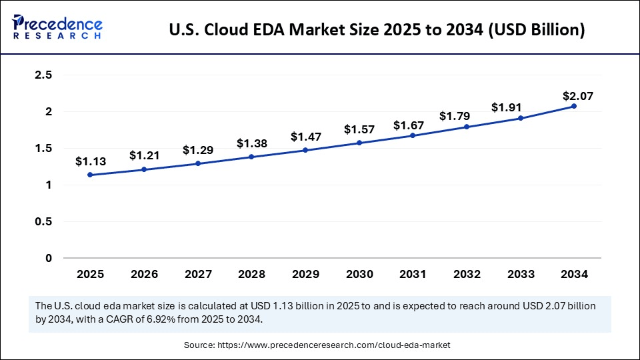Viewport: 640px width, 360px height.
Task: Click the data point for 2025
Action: pyautogui.click(x=90, y=175)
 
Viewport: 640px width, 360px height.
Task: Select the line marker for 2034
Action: pyautogui.click(x=573, y=107)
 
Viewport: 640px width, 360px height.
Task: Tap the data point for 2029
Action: pyautogui.click(x=305, y=150)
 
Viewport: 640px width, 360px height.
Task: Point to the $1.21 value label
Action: pyautogui.click(x=143, y=155)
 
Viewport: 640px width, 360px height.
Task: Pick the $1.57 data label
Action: pyautogui.click(x=359, y=129)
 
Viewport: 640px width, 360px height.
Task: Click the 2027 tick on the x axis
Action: pyautogui.click(x=197, y=274)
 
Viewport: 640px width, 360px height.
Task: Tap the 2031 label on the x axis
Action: pyautogui.click(x=413, y=274)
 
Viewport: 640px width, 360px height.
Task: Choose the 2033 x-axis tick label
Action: pyautogui.click(x=520, y=274)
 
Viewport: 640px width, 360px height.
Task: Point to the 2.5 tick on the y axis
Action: pyautogui.click(x=43, y=75)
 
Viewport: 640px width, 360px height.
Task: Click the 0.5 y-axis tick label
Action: pyautogui.click(x=43, y=221)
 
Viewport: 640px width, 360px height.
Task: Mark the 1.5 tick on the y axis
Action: pyautogui.click(x=43, y=149)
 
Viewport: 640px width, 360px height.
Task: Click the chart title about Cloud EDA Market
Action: pyautogui.click(x=377, y=31)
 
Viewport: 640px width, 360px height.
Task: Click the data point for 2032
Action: pyautogui.click(x=466, y=127)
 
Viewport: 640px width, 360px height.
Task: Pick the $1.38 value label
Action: pyautogui.click(x=251, y=143)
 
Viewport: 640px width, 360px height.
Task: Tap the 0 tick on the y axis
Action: pyautogui.click(x=48, y=258)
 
